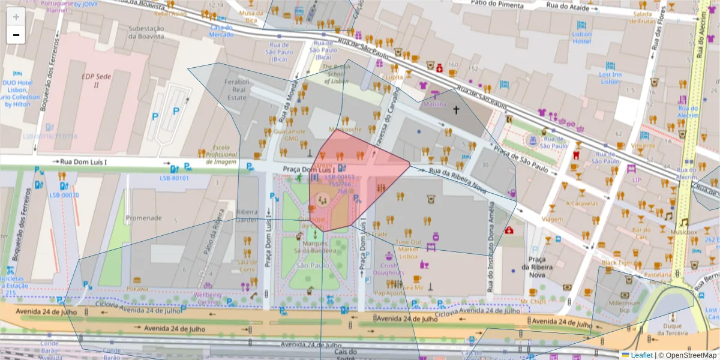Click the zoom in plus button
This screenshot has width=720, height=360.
click(x=16, y=17)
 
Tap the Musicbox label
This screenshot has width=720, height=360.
click(x=684, y=231)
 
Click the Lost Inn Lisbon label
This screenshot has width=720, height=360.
click(x=610, y=78)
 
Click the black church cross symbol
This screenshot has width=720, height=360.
click(x=455, y=110)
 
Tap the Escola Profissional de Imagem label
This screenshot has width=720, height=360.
click(x=221, y=154)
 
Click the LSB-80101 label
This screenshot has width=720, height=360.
click(x=175, y=178)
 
